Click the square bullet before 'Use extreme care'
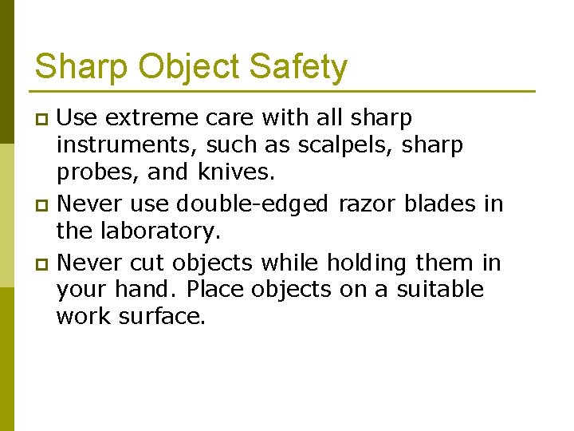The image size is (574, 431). [x=44, y=120]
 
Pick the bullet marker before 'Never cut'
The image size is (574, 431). [x=44, y=263]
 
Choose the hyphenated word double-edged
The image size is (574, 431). [x=252, y=204]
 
